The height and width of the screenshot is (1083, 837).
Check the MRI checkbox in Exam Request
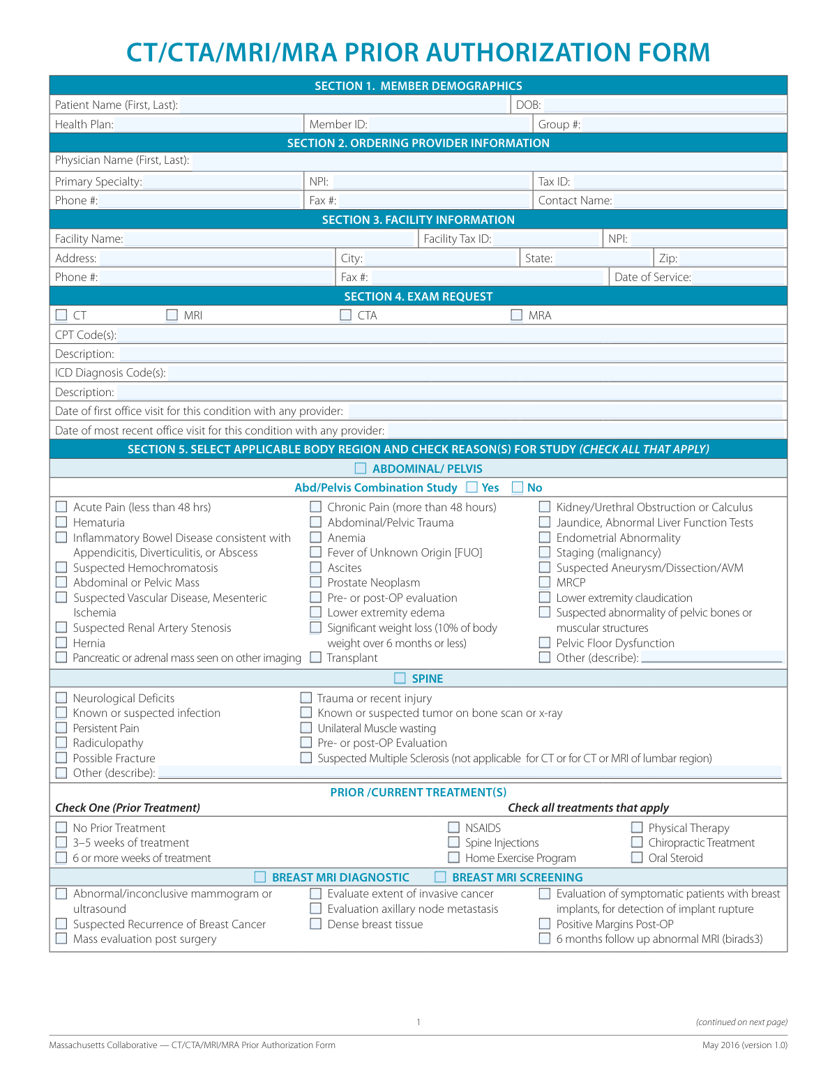coord(172,315)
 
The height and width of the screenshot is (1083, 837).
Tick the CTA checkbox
coord(346,315)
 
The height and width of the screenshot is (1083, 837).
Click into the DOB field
coord(663,105)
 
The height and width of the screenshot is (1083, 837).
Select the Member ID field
coord(450,124)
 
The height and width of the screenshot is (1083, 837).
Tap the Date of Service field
coord(739,277)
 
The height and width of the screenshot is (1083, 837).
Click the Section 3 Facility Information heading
coord(418,220)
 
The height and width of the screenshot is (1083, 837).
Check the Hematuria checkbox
coord(61,522)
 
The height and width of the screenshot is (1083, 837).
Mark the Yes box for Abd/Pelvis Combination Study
coord(472,487)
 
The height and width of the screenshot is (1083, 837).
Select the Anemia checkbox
coord(316,538)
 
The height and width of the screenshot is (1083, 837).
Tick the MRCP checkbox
coord(545,582)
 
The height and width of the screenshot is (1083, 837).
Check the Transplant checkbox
coord(316,658)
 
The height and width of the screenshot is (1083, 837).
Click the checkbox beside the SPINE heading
coord(400,679)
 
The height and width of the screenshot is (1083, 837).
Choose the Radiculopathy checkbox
coord(61,743)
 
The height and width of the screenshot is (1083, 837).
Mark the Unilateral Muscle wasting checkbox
coord(306,728)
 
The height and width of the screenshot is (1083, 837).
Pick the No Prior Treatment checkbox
coord(61,828)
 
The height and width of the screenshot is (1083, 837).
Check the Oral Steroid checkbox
coord(637,858)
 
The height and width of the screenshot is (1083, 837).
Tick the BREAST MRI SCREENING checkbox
coord(440,877)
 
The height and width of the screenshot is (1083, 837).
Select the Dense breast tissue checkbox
coord(316,924)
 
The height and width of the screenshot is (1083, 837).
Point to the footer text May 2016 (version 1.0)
coord(744,1045)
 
